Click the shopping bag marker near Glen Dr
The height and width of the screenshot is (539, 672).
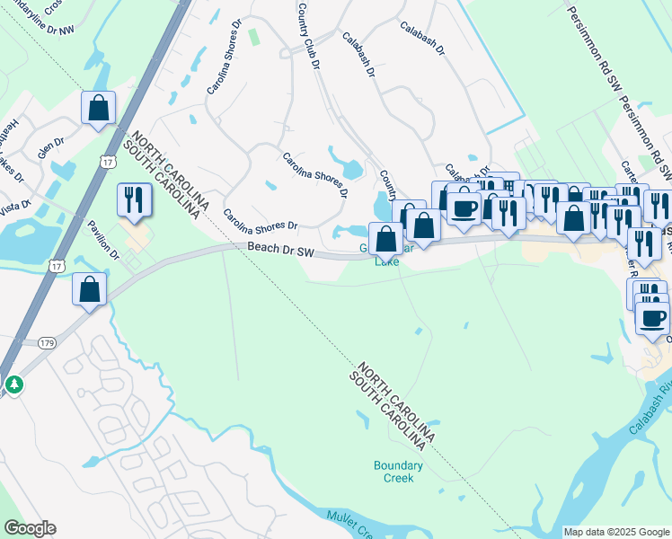pyautogui.click(x=99, y=109)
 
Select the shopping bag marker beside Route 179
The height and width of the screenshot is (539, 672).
pyautogui.click(x=89, y=290)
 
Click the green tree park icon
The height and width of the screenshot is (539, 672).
pyautogui.click(x=13, y=384)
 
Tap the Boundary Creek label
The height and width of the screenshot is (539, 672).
pyautogui.click(x=398, y=471)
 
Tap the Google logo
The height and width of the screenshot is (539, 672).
pyautogui.click(x=30, y=528)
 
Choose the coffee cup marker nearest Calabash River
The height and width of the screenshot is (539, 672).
pyautogui.click(x=653, y=318)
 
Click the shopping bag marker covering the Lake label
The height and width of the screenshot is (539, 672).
pyautogui.click(x=385, y=240)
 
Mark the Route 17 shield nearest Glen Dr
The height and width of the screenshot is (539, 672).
pyautogui.click(x=108, y=162)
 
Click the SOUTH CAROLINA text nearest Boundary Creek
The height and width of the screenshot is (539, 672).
pyautogui.click(x=387, y=411)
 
